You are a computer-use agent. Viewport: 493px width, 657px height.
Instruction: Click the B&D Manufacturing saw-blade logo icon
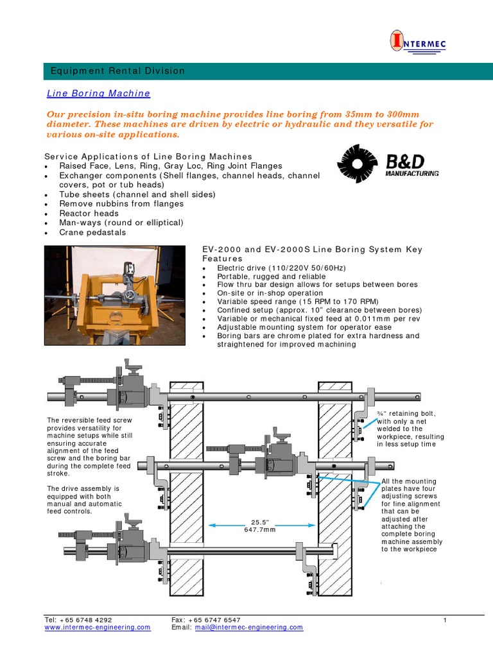pos(358,165)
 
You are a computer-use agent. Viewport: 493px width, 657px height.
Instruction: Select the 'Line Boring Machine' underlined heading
pos(99,94)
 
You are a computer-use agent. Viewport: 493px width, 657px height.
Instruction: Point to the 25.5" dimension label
pos(259,522)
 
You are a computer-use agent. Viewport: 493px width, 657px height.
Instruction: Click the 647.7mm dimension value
pos(259,530)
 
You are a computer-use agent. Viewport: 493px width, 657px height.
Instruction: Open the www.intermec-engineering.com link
pos(98,627)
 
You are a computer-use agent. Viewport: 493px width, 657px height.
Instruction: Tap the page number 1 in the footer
pos(444,620)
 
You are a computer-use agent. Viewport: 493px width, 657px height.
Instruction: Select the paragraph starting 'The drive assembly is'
pos(84,500)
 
